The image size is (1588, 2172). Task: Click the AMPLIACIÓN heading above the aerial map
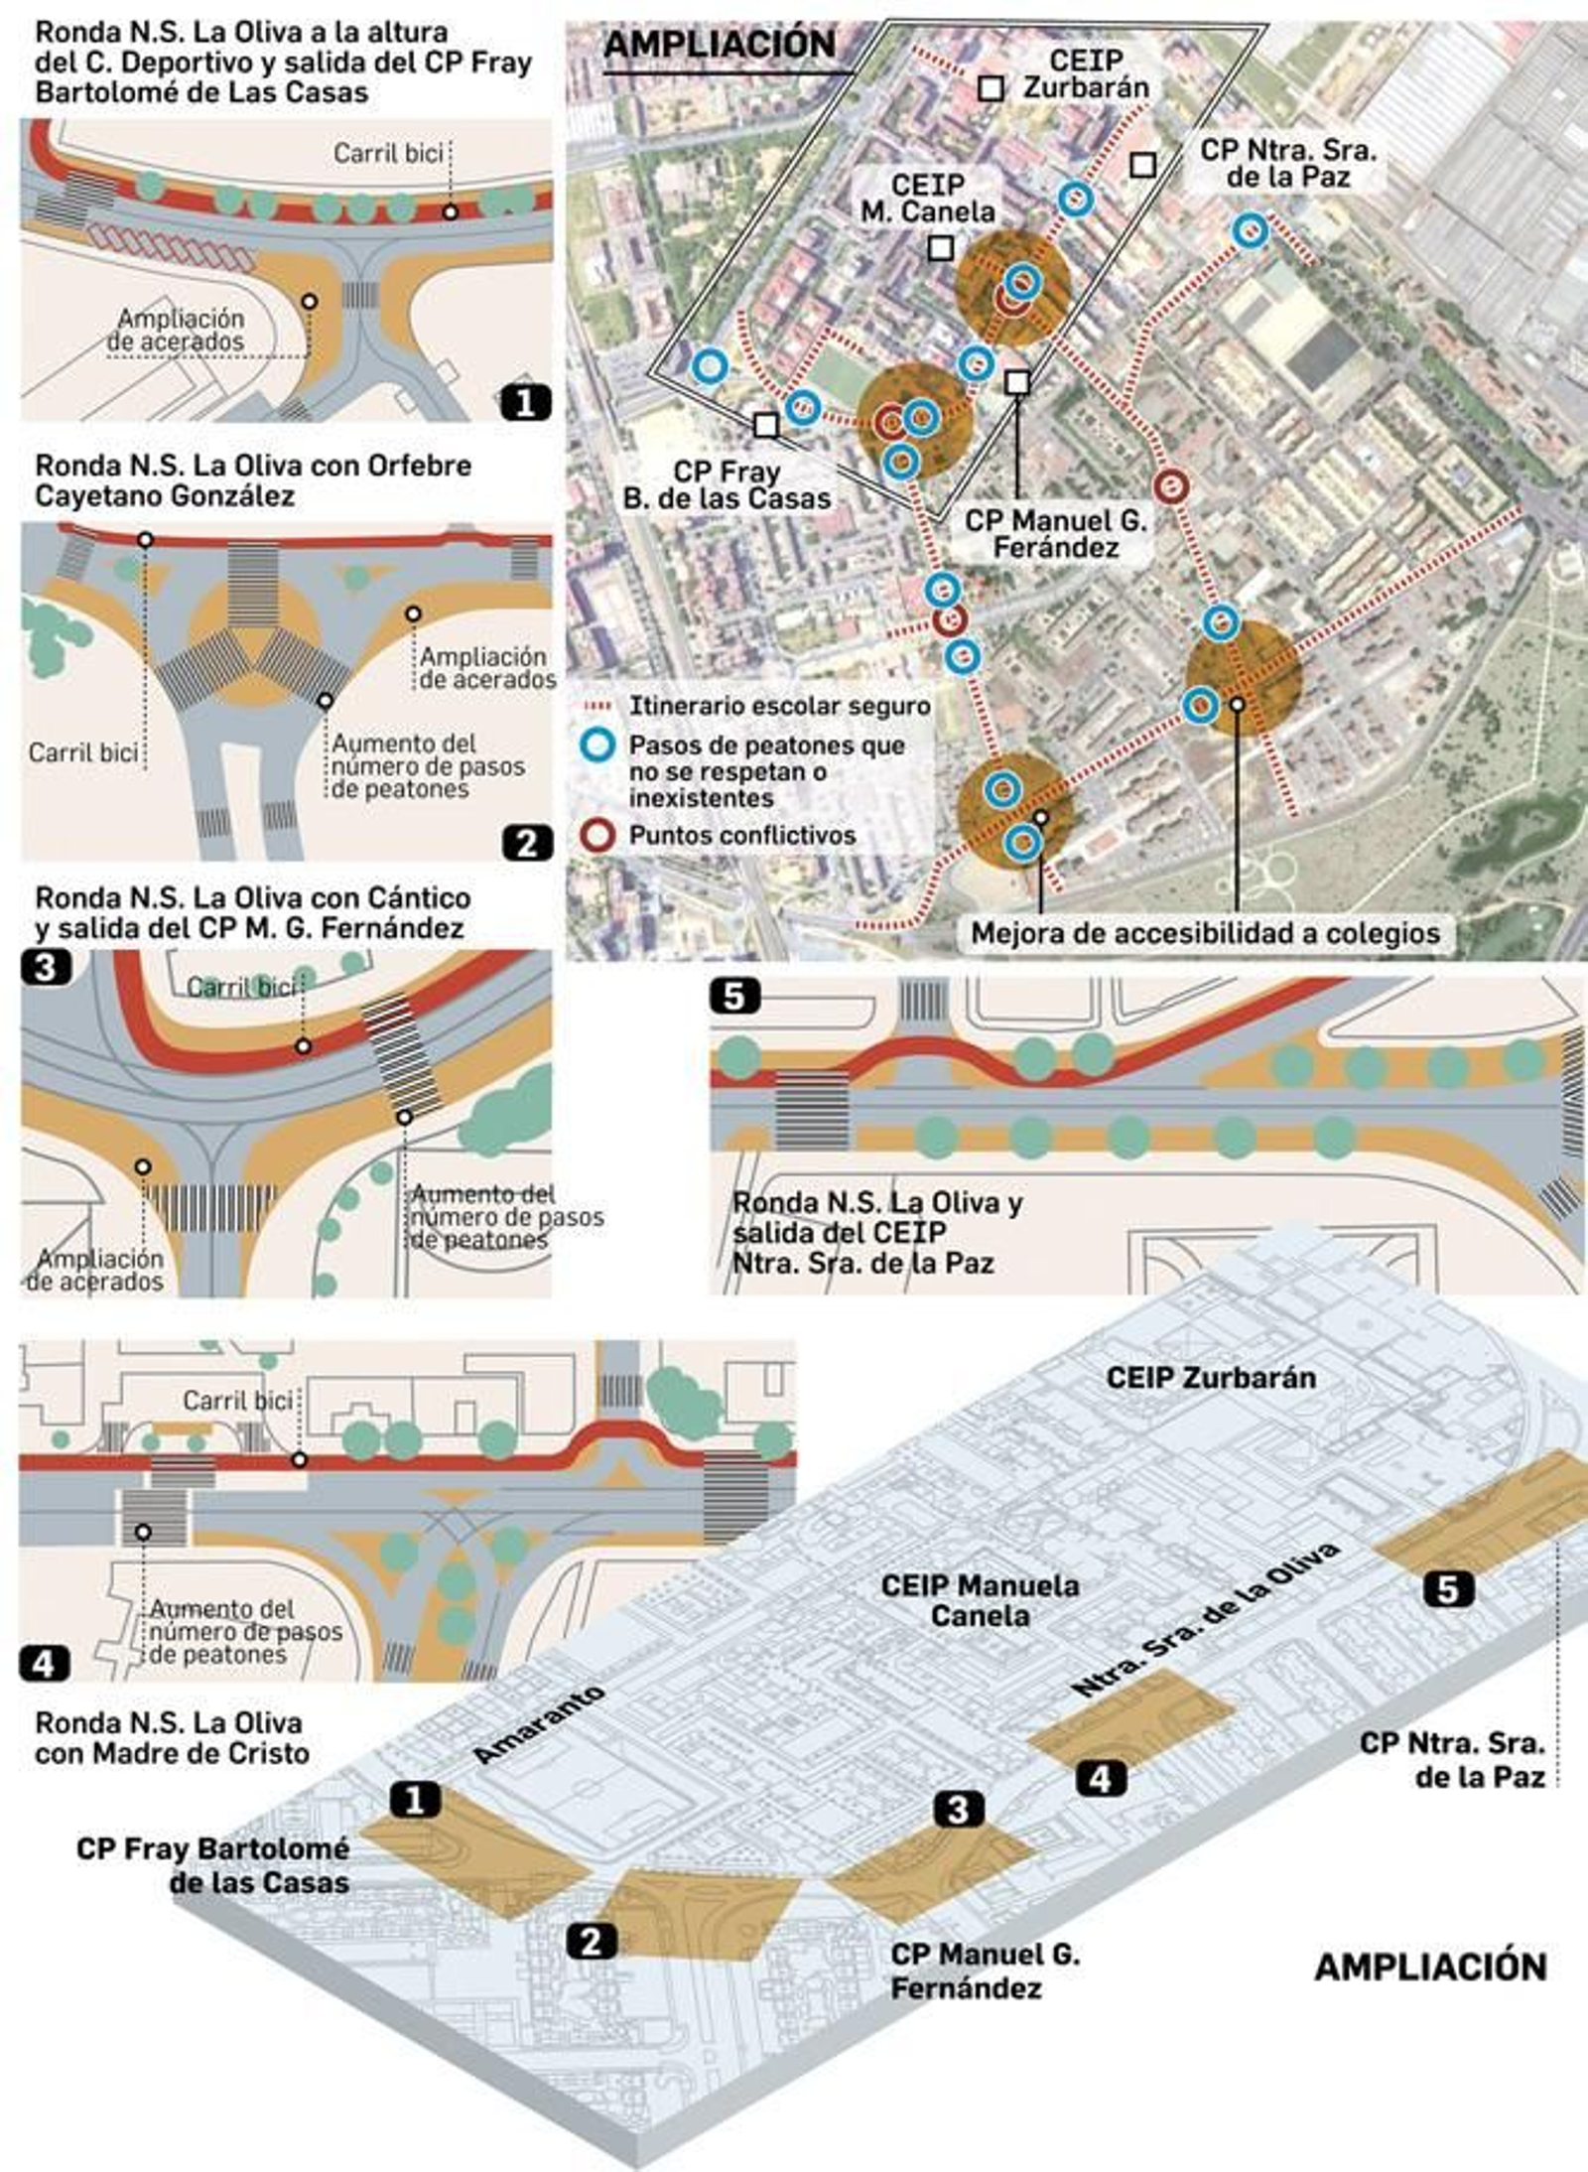coord(720,45)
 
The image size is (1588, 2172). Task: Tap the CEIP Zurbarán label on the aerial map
coord(1086,73)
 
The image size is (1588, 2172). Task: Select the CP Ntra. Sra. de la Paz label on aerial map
coord(1288,164)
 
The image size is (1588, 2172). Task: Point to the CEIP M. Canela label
coord(928,199)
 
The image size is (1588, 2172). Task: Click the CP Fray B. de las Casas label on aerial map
coord(727,485)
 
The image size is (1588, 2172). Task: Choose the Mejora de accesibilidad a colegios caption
coord(1205,934)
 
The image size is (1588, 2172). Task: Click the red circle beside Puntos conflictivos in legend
coord(598,835)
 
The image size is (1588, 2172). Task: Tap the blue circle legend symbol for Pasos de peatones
coord(598,746)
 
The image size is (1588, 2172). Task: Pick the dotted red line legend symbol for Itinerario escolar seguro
coord(598,707)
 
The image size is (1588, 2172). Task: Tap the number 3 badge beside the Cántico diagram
coord(46,967)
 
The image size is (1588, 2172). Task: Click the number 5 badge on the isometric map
coord(1448,1589)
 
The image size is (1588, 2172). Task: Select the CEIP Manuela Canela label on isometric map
coord(980,1600)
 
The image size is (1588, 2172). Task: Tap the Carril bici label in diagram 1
coord(388,153)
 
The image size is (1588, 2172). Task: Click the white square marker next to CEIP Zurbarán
coord(991,88)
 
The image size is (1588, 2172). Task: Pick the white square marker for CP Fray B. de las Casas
coord(765,425)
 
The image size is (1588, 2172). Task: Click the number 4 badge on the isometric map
coord(1101,1779)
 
